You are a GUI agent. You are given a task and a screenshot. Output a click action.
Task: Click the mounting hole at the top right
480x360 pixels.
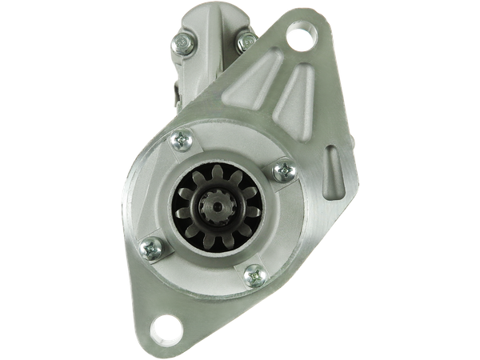301,36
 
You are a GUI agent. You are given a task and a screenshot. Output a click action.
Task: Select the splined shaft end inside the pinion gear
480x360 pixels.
214,203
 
